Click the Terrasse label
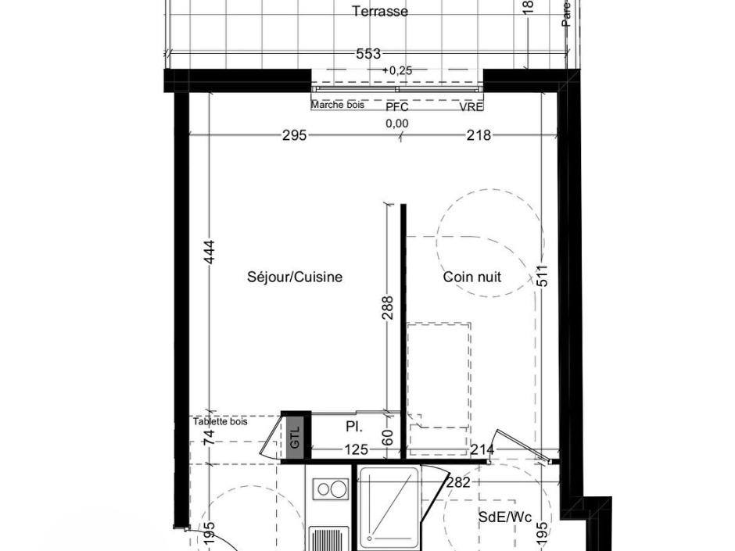(380, 12)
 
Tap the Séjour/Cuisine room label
(295, 277)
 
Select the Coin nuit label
(472, 277)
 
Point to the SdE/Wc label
(505, 517)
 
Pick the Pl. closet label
(354, 427)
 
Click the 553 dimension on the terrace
(367, 54)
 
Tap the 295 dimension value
(294, 135)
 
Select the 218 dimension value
(479, 135)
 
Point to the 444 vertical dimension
(209, 252)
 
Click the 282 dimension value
(458, 482)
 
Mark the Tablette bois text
(220, 421)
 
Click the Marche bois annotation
(338, 105)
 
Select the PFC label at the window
(397, 107)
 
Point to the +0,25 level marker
(396, 70)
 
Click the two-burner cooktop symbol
(331, 490)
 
